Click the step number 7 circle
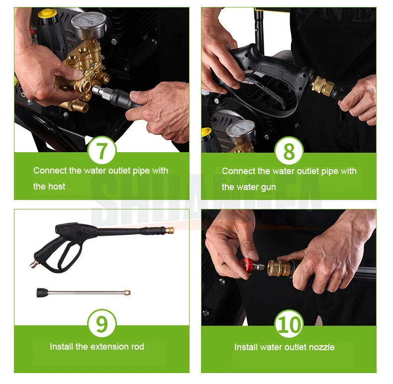point(102,150)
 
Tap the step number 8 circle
point(289,151)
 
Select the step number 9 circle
point(102,324)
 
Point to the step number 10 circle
point(289,324)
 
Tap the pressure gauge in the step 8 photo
point(241,131)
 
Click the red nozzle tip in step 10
point(248,267)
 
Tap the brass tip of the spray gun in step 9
point(170,229)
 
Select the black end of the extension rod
point(43,292)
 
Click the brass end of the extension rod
point(127,292)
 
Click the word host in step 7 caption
point(57,186)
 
